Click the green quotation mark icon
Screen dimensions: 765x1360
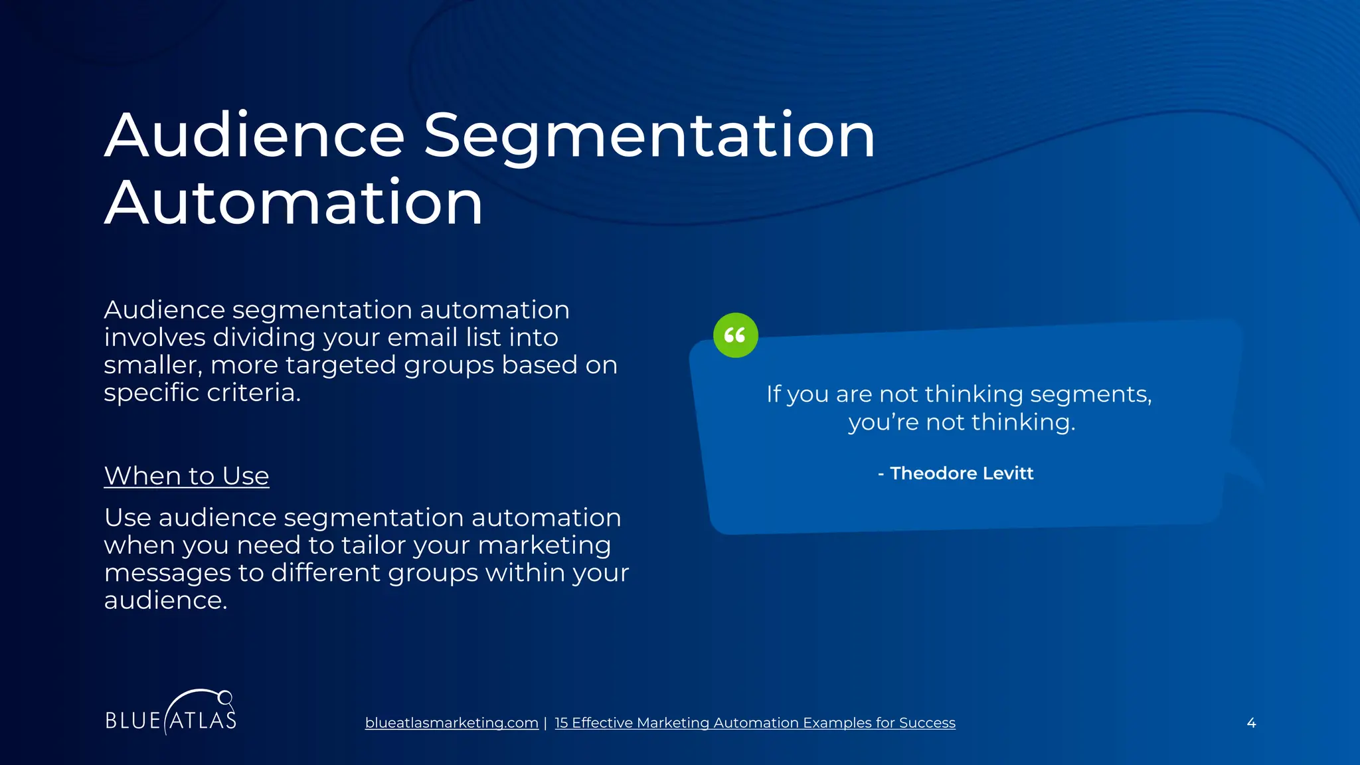click(x=735, y=335)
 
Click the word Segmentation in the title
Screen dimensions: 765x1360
click(x=649, y=136)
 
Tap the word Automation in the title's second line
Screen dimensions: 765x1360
click(x=294, y=203)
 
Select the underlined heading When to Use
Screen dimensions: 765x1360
click(x=187, y=476)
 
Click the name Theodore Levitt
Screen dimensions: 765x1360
click(x=961, y=473)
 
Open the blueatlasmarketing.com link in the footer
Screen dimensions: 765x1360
click(x=452, y=722)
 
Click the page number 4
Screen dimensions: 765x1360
click(x=1251, y=722)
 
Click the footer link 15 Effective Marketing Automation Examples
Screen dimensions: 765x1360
click(x=754, y=722)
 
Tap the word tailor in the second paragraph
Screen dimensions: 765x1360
click(x=373, y=545)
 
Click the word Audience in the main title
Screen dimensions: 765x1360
click(x=254, y=136)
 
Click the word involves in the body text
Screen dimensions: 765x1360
click(x=155, y=337)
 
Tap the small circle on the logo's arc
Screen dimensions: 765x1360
click(x=225, y=697)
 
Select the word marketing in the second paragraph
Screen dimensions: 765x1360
click(x=544, y=545)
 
